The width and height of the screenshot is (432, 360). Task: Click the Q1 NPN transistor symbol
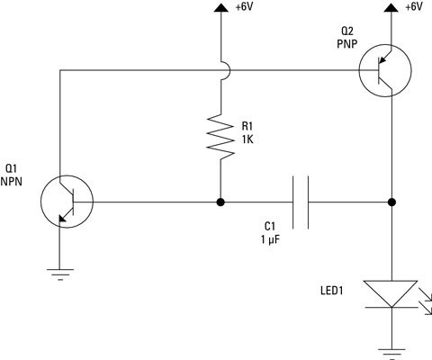pyautogui.click(x=67, y=202)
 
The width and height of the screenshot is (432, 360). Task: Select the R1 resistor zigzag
pyautogui.click(x=220, y=136)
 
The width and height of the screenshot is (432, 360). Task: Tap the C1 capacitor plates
pyautogui.click(x=301, y=202)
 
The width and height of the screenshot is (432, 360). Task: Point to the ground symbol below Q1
pyautogui.click(x=59, y=274)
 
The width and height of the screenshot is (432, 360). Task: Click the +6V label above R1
pyautogui.click(x=245, y=7)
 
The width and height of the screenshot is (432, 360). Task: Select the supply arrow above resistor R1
pyautogui.click(x=220, y=8)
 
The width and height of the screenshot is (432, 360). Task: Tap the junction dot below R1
pyautogui.click(x=220, y=202)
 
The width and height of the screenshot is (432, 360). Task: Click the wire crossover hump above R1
pyautogui.click(x=220, y=69)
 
